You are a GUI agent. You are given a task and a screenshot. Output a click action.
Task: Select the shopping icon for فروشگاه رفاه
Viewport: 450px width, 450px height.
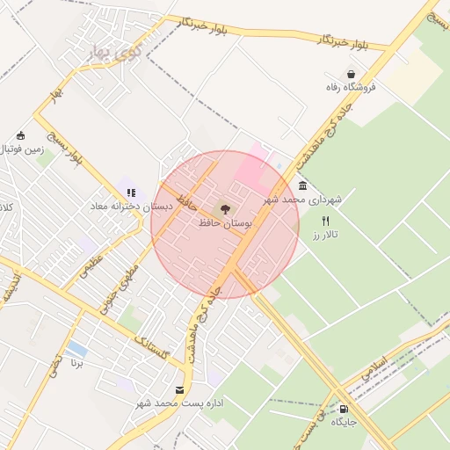coord(352,75)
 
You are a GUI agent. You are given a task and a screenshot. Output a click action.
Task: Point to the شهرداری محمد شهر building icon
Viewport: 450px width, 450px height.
coord(303,186)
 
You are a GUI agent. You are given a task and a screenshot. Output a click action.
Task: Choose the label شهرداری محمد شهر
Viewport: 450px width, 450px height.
coord(313,200)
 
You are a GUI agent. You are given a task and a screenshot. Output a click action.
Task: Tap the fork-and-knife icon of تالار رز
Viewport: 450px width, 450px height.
coord(326,221)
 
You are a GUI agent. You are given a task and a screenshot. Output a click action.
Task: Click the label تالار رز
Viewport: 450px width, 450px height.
coord(330,235)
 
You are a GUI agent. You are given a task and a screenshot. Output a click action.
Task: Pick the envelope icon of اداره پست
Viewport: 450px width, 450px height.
coord(180,389)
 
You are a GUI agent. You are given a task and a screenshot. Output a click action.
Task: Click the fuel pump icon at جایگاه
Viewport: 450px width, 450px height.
coord(343,409)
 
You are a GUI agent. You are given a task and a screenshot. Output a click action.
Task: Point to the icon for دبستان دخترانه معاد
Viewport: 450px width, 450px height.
coord(131,192)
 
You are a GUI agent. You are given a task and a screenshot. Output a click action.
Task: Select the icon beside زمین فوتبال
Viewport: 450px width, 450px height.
coord(21,136)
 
